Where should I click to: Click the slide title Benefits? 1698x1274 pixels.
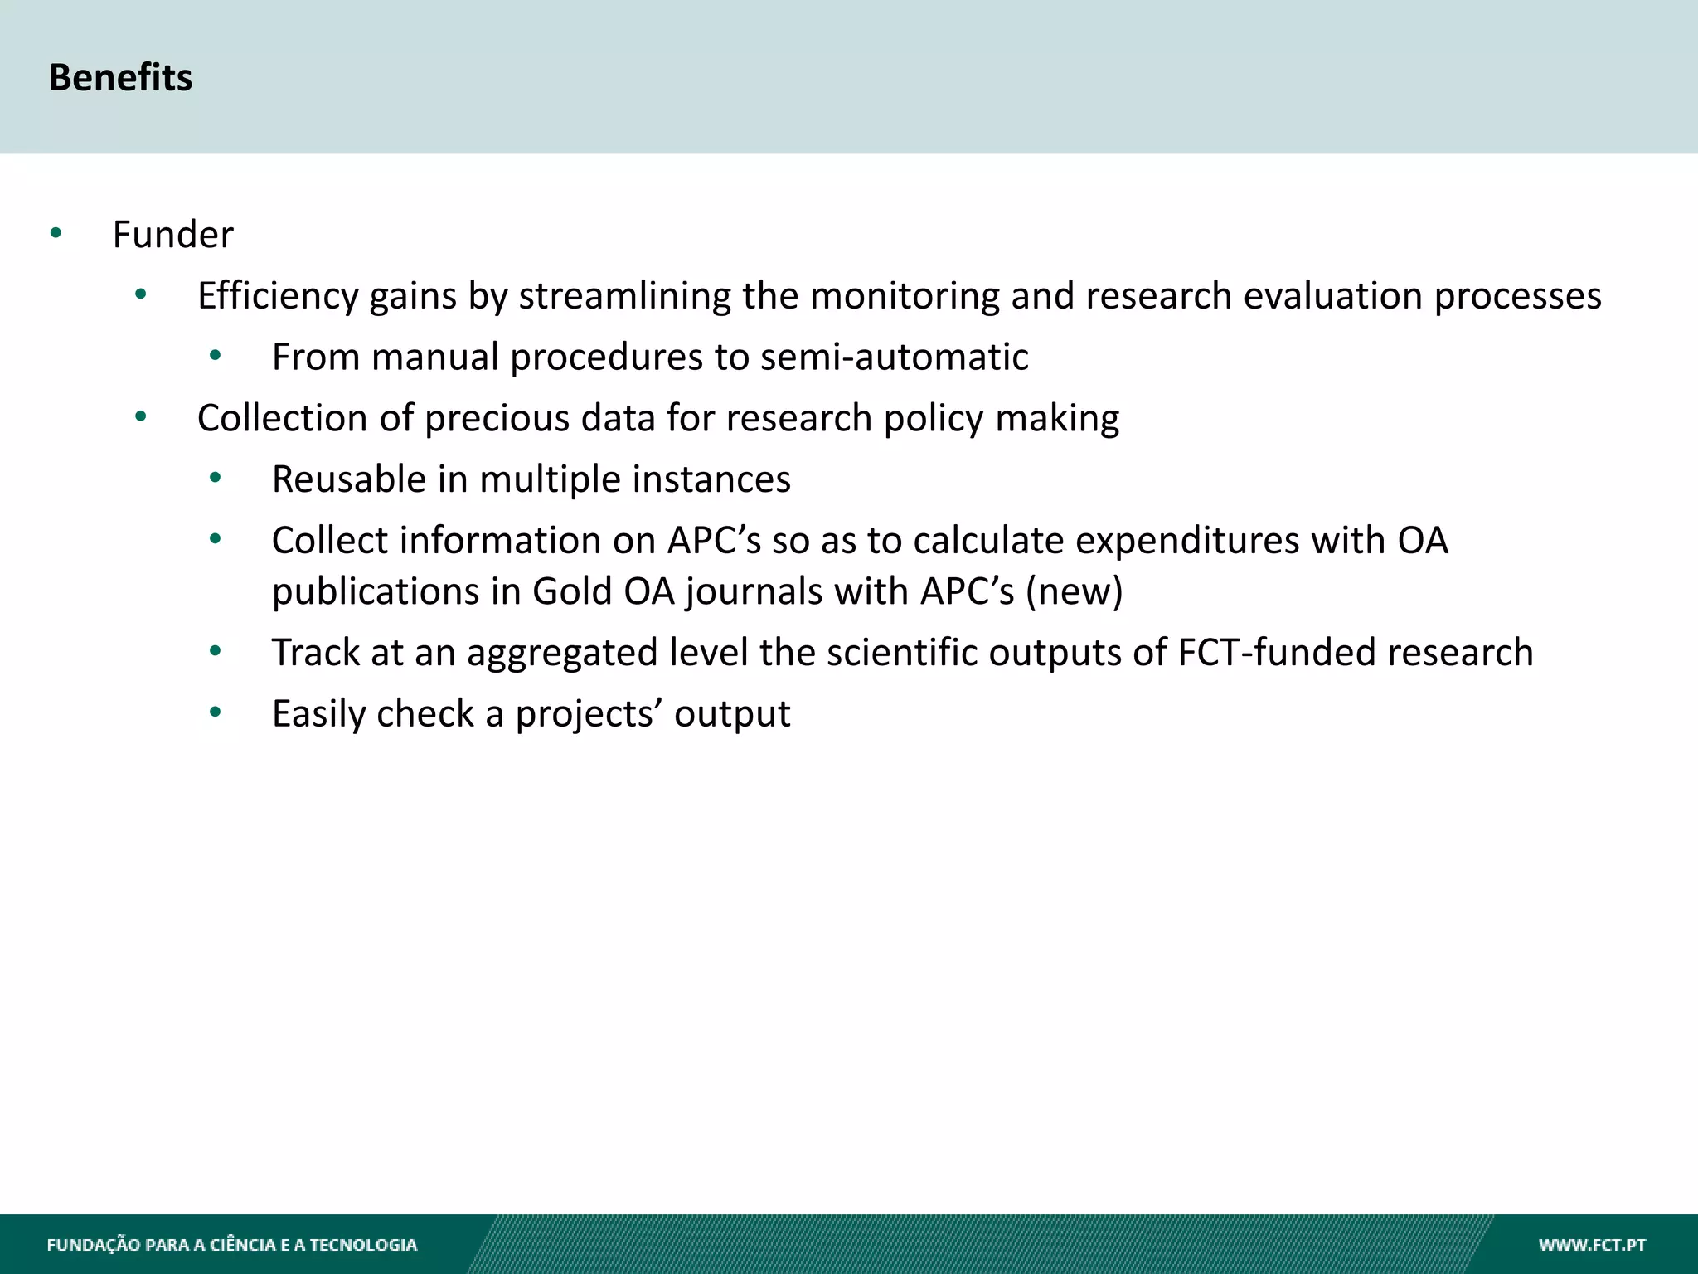point(120,77)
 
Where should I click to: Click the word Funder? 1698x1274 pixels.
point(172,235)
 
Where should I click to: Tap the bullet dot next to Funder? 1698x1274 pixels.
point(56,232)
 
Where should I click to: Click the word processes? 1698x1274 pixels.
point(1517,297)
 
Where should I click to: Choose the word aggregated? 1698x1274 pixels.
point(562,653)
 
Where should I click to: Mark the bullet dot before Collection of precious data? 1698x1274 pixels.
point(140,416)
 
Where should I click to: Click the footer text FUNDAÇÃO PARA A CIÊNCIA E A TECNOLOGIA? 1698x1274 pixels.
point(231,1245)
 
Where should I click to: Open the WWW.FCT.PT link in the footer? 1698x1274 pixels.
point(1592,1245)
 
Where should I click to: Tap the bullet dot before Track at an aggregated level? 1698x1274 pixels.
point(216,651)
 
